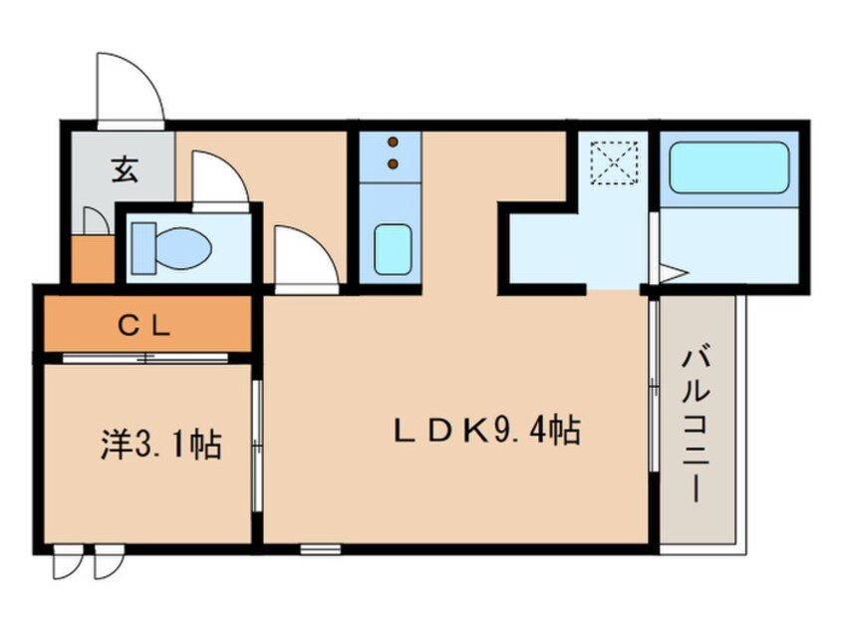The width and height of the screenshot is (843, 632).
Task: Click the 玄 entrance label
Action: [123, 170]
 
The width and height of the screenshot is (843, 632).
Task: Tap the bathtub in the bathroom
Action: [728, 166]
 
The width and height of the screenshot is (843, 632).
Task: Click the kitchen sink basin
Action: [392, 248]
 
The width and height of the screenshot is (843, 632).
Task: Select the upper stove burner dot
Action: [392, 142]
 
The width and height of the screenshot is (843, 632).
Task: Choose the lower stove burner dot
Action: [392, 162]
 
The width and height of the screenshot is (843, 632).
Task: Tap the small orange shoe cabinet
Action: [92, 259]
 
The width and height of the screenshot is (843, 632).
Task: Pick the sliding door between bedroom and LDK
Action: [257, 444]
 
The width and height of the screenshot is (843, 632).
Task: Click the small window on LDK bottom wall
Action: [318, 547]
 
